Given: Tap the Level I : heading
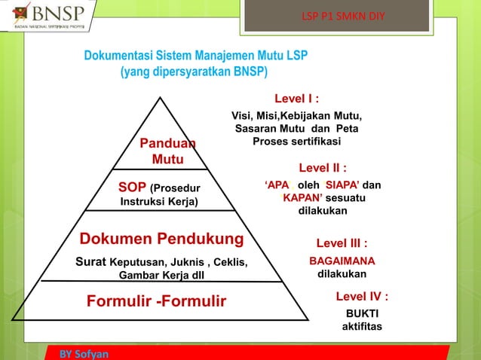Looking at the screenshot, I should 296,99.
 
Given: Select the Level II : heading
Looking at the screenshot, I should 323,168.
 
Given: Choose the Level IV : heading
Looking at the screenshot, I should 362,297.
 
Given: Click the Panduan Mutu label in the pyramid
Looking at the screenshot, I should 167,151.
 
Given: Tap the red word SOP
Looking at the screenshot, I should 133,187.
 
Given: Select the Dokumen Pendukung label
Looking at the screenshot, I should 162,239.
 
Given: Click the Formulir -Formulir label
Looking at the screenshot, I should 157,302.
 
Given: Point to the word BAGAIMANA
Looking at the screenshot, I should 342,260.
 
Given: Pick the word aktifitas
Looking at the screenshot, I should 362,327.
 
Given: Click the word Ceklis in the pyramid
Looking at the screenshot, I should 228,262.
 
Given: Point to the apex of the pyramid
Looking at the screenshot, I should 161,98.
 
